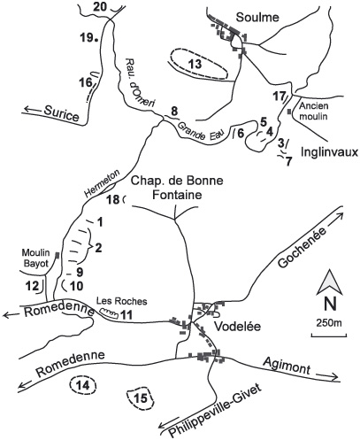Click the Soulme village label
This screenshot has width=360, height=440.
[257, 17]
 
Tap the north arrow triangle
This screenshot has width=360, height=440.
[329, 283]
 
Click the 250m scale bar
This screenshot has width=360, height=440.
[329, 335]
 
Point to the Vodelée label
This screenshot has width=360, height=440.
[237, 327]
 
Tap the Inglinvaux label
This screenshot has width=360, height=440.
[329, 152]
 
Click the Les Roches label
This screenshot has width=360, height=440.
[122, 301]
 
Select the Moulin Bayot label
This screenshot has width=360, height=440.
[36, 258]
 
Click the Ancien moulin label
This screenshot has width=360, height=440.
[313, 111]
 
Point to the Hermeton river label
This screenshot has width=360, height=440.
[102, 183]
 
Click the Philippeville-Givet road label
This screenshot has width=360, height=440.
[215, 411]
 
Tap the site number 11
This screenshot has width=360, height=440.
[126, 315]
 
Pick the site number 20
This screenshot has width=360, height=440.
[99, 6]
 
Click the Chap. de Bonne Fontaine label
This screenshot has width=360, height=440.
[177, 188]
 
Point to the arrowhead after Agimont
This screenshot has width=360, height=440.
[333, 376]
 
